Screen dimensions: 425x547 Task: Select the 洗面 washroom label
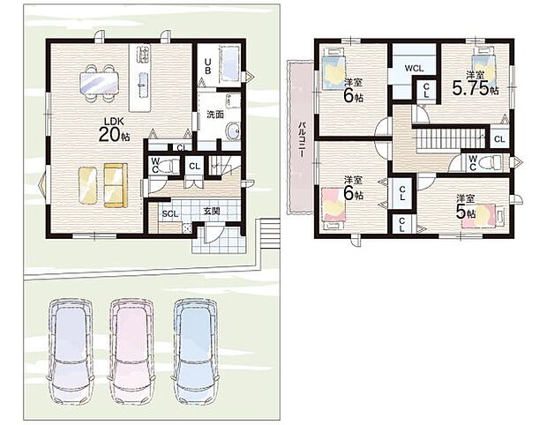coord(214,115)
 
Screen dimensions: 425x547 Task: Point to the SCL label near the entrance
coord(170,212)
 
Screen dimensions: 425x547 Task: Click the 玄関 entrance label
coord(212,212)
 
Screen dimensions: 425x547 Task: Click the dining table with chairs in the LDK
coord(99,81)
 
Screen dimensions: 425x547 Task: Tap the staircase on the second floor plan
coord(450,138)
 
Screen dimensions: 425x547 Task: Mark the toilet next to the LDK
coord(164,166)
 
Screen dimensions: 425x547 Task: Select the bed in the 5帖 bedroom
coord(492,214)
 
